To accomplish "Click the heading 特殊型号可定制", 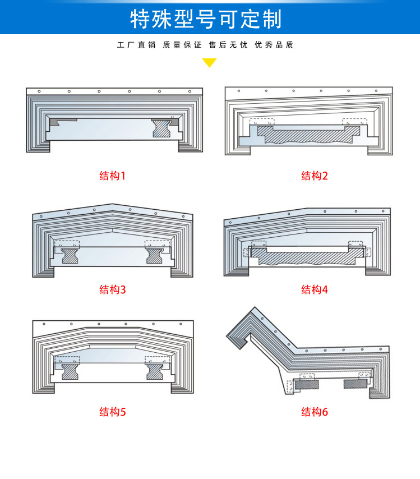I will tap(206, 19).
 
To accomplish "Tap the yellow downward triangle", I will tap(209, 62).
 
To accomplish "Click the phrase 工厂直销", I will tap(136, 45).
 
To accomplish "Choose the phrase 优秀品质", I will tap(274, 45).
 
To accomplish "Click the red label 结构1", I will tap(113, 176).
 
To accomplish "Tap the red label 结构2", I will tap(314, 176).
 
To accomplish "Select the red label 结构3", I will tap(113, 289).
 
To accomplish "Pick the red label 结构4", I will tap(314, 289).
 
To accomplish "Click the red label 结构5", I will tap(113, 412).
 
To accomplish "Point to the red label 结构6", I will tap(314, 412).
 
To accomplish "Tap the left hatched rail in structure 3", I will tap(71, 255).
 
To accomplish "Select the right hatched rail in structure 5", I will tap(155, 371).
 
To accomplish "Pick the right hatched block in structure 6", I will tap(354, 384).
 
